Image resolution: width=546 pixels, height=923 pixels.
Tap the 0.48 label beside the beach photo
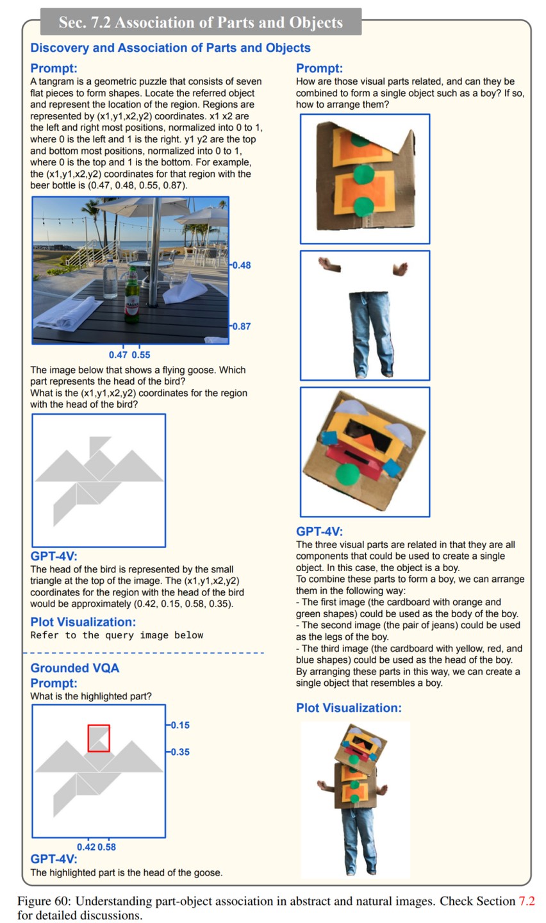tap(241, 265)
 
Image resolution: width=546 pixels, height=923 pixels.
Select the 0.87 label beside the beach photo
tap(241, 326)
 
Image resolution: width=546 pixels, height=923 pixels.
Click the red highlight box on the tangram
tap(99, 738)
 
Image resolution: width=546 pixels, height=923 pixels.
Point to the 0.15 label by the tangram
tap(179, 726)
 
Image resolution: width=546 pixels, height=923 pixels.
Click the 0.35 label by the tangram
tap(179, 752)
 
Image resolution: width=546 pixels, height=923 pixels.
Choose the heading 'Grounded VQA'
tap(74, 668)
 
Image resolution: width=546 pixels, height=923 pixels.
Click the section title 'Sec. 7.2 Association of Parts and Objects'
tap(201, 22)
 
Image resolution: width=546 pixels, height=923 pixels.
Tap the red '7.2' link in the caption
tap(526, 901)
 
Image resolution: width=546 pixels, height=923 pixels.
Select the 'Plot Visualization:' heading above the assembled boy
tap(349, 708)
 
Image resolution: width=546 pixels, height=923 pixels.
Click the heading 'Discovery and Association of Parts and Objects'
tap(170, 48)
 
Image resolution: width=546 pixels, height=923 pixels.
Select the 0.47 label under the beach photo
tap(118, 355)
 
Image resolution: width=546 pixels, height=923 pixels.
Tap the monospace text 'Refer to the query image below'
tap(117, 635)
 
